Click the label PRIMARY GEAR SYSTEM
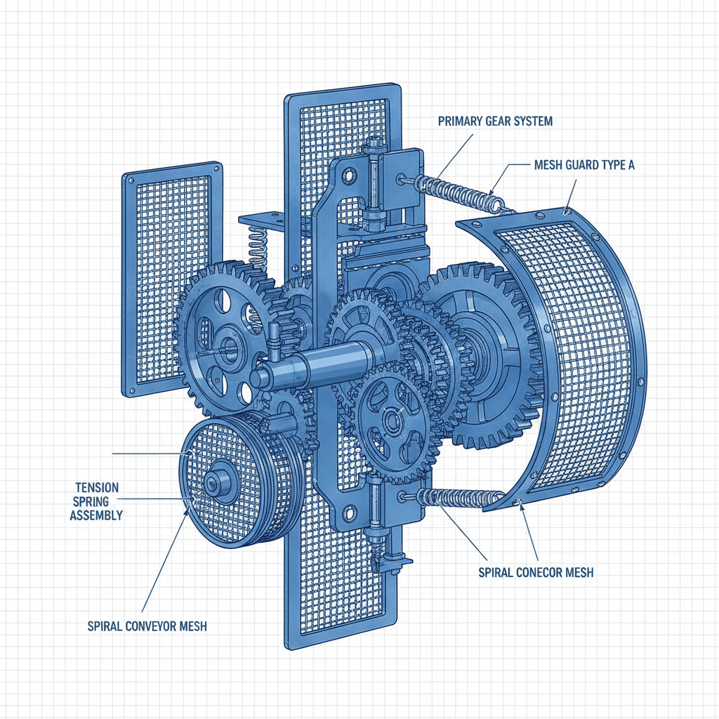495,121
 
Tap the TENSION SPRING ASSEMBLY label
98,501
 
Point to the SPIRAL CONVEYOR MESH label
147,626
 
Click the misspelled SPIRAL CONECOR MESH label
536,572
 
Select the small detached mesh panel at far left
171,274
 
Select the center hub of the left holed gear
226,344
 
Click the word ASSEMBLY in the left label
98,515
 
